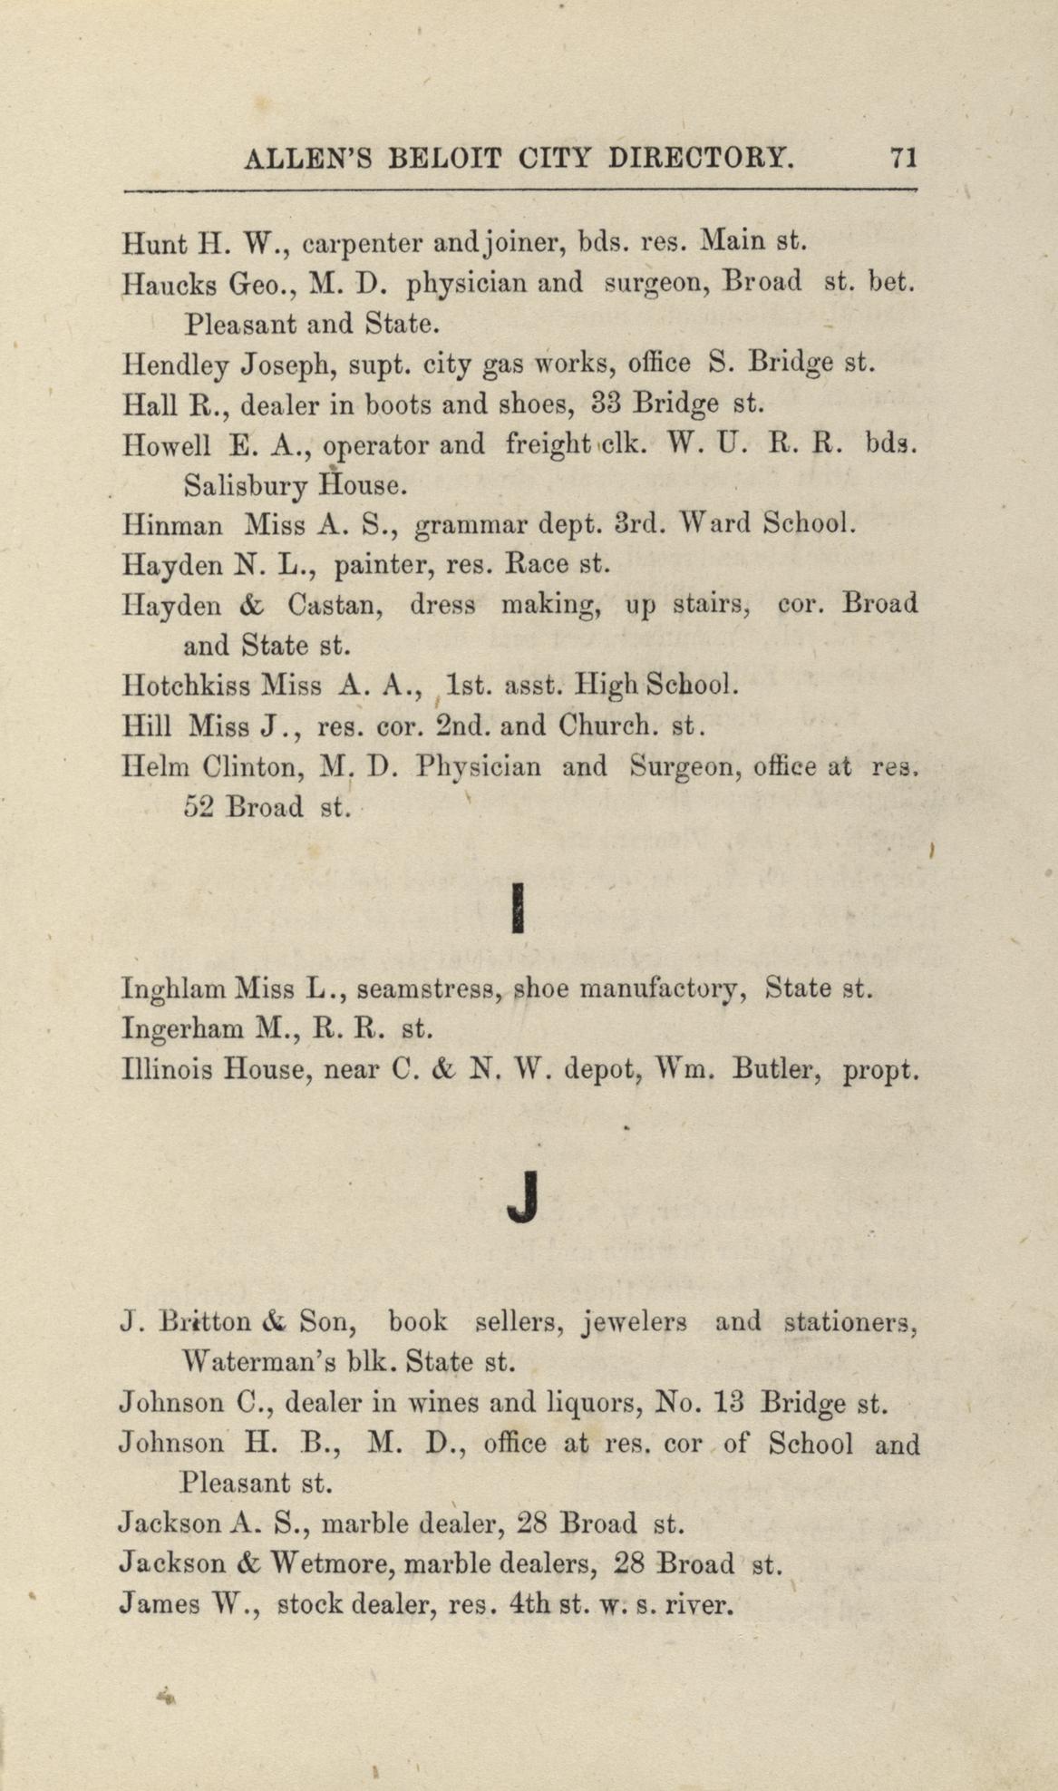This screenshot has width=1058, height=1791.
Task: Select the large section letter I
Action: pyautogui.click(x=519, y=908)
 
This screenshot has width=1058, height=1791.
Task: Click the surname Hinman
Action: pyautogui.click(x=176, y=524)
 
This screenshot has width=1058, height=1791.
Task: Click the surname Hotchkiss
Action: pyautogui.click(x=186, y=685)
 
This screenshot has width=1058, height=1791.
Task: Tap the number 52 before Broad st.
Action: pyautogui.click(x=199, y=806)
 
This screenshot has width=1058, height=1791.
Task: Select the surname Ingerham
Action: pyautogui.click(x=180, y=1028)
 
